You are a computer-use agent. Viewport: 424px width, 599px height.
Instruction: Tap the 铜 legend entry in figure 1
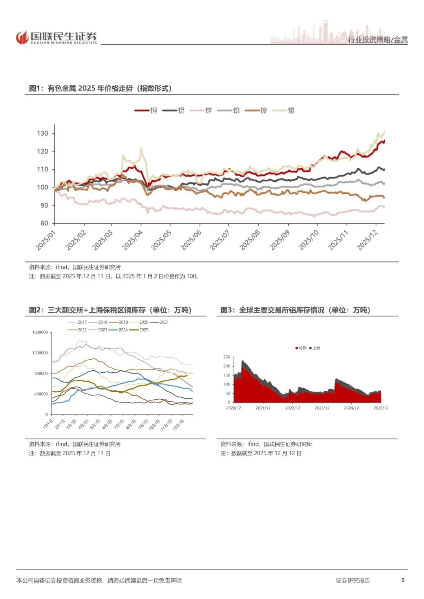pos(146,111)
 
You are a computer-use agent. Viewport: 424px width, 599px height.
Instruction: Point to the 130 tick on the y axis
pos(42,133)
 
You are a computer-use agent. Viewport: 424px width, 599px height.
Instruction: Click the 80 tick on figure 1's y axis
pos(44,223)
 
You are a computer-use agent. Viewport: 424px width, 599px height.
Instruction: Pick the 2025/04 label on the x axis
pos(133,240)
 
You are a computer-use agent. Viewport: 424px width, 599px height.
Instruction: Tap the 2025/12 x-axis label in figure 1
pos(367,240)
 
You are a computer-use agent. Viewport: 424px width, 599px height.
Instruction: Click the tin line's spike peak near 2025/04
pos(141,148)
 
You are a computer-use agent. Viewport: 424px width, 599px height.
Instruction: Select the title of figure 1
pos(101,88)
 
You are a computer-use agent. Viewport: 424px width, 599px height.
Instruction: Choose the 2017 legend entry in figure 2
pos(77,322)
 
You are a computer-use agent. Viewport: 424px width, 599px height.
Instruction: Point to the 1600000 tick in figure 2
pos(40,332)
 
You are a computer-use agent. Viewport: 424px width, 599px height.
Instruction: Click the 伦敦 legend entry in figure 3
pos(301,348)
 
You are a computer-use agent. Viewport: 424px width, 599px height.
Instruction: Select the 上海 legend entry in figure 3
pos(315,348)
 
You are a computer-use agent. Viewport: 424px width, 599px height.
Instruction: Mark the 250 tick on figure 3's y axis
pos(227,357)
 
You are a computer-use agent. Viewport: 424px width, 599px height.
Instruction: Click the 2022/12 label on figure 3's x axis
pos(292,408)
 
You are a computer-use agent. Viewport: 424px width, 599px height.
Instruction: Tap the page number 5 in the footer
pos(403,580)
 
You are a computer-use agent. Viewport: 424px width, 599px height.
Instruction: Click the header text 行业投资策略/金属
pos(378,40)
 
